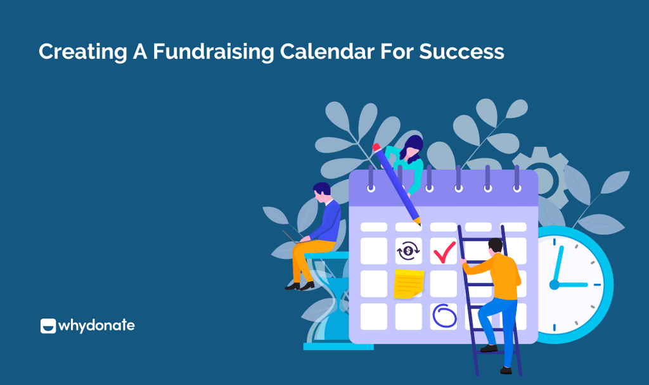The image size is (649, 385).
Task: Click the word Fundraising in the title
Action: point(213,53)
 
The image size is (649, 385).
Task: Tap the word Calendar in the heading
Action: point(327,52)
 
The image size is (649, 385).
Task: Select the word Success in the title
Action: point(461,52)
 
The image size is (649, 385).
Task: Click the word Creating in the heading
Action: point(83,53)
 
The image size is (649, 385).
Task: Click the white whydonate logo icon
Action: point(48,326)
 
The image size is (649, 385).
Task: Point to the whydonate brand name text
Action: point(96,326)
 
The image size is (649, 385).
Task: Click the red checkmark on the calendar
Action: point(444,252)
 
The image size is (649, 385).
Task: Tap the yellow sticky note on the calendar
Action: point(409,284)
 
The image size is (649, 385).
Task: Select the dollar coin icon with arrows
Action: point(408,251)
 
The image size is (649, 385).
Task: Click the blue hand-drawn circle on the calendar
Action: point(444,316)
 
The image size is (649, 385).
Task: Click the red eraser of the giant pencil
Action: point(376,148)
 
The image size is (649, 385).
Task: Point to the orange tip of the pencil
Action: point(418,222)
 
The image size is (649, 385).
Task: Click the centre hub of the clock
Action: point(554,284)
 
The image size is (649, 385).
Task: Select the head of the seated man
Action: point(321,192)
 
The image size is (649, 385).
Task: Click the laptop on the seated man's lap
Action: point(295,237)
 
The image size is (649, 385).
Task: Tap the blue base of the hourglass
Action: point(338,346)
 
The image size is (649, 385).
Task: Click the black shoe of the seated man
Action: point(307,286)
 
